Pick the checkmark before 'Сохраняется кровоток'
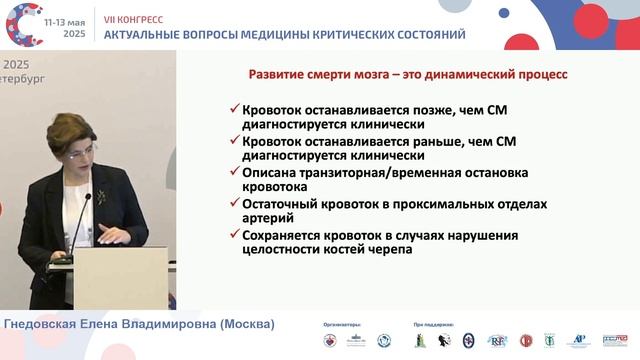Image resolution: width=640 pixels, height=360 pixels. [x=233, y=236]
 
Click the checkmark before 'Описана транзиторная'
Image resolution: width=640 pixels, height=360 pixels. [x=233, y=173]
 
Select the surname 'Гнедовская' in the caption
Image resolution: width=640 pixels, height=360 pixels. [x=46, y=325]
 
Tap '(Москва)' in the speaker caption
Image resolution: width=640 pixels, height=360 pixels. [x=244, y=325]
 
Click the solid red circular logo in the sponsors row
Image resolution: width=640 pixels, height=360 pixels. [x=526, y=341]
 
